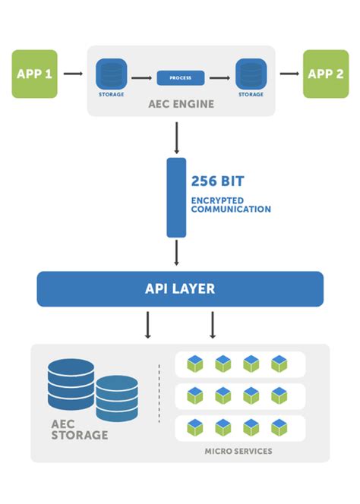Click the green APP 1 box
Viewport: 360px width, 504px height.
34,74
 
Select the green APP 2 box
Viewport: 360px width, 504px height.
326,74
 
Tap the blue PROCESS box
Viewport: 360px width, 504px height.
181,77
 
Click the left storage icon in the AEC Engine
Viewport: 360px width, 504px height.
110,74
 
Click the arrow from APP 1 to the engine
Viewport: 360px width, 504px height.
73,74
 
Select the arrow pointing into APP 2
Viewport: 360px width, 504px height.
289,74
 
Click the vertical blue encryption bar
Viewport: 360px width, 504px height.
176,197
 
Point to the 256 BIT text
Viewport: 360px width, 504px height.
218,182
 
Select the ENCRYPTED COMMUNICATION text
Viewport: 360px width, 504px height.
230,205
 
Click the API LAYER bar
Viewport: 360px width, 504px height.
180,289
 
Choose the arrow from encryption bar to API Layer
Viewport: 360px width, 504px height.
176,252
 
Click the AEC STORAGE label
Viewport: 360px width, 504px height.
79,430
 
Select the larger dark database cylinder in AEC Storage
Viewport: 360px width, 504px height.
71,384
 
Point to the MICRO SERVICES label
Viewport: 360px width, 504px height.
238,451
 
